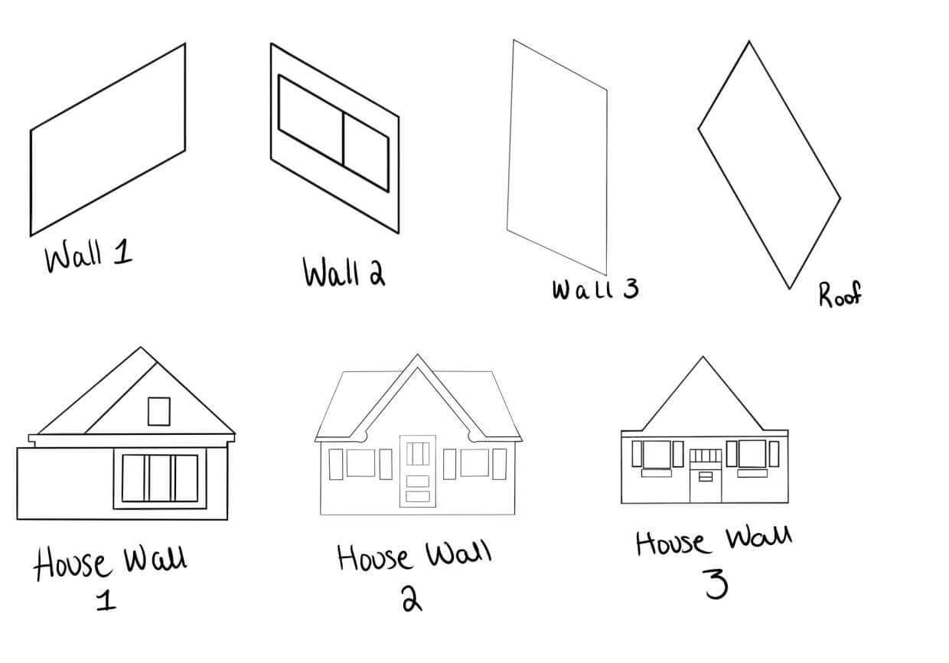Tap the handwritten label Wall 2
[x=344, y=272]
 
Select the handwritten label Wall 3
[x=595, y=290]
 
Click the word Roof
[x=840, y=294]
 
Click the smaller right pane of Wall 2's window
[x=366, y=152]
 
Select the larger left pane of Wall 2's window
[x=311, y=119]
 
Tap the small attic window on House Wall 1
[x=159, y=411]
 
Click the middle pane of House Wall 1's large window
[x=160, y=478]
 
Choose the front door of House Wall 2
[x=418, y=471]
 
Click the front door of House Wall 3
[x=706, y=482]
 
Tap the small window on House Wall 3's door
[x=706, y=477]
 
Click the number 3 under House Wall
[x=716, y=583]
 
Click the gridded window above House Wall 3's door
[x=706, y=456]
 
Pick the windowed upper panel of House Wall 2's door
[x=418, y=453]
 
